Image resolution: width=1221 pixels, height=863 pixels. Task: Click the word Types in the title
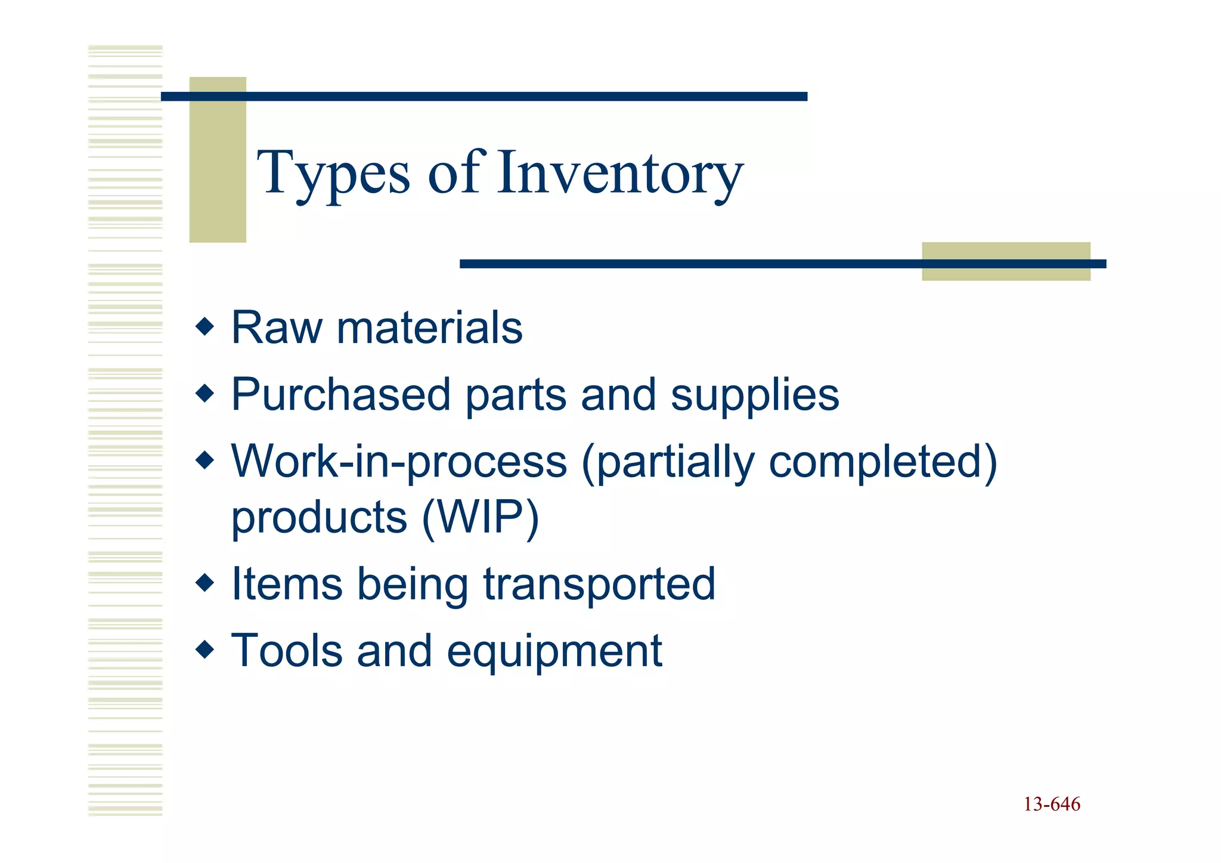click(x=333, y=174)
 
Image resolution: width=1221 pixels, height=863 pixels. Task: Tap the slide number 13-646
click(x=1052, y=805)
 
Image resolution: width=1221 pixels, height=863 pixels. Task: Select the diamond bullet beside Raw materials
click(x=204, y=327)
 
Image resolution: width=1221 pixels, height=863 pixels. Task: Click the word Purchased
click(x=340, y=395)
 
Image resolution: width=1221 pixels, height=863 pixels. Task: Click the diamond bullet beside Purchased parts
click(x=204, y=394)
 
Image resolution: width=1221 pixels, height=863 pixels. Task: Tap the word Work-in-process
click(x=398, y=462)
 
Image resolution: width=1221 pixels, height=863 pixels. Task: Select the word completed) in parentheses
click(x=883, y=462)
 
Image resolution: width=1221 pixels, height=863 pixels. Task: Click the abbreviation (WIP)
click(x=480, y=517)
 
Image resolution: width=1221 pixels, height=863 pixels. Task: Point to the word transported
click(x=599, y=584)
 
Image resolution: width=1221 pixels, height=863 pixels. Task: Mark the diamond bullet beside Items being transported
click(x=204, y=583)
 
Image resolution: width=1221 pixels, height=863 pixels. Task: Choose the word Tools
click(x=286, y=651)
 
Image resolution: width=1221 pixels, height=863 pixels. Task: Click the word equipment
click(x=554, y=652)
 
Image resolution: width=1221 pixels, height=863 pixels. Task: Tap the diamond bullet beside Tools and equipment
click(x=204, y=649)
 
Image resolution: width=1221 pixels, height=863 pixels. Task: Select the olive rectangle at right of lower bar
click(x=1006, y=261)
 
